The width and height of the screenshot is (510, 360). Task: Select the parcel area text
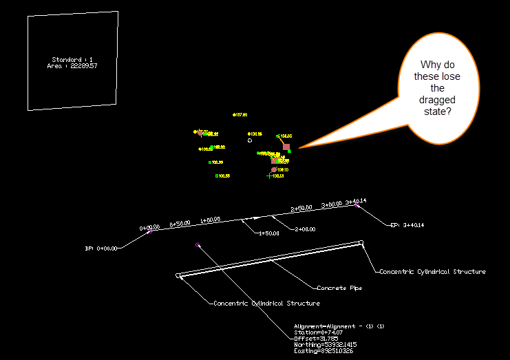pos(74,66)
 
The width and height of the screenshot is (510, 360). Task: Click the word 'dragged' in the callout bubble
pos(437,100)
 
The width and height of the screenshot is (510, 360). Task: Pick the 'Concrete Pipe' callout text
pos(339,288)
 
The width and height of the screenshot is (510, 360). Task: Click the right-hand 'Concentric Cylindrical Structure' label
pos(432,272)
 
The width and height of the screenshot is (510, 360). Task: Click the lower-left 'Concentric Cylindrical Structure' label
pos(266,304)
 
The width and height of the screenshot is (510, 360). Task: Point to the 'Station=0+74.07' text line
pos(317,332)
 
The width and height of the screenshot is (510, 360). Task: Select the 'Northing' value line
pos(322,344)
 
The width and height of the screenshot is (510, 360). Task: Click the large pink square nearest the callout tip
pos(286,147)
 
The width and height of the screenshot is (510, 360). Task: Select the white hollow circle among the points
pos(250,140)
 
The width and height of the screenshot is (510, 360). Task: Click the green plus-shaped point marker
pos(269,176)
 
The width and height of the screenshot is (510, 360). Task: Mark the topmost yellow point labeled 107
pos(235,115)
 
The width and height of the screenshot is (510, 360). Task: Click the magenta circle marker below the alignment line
pos(198,245)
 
